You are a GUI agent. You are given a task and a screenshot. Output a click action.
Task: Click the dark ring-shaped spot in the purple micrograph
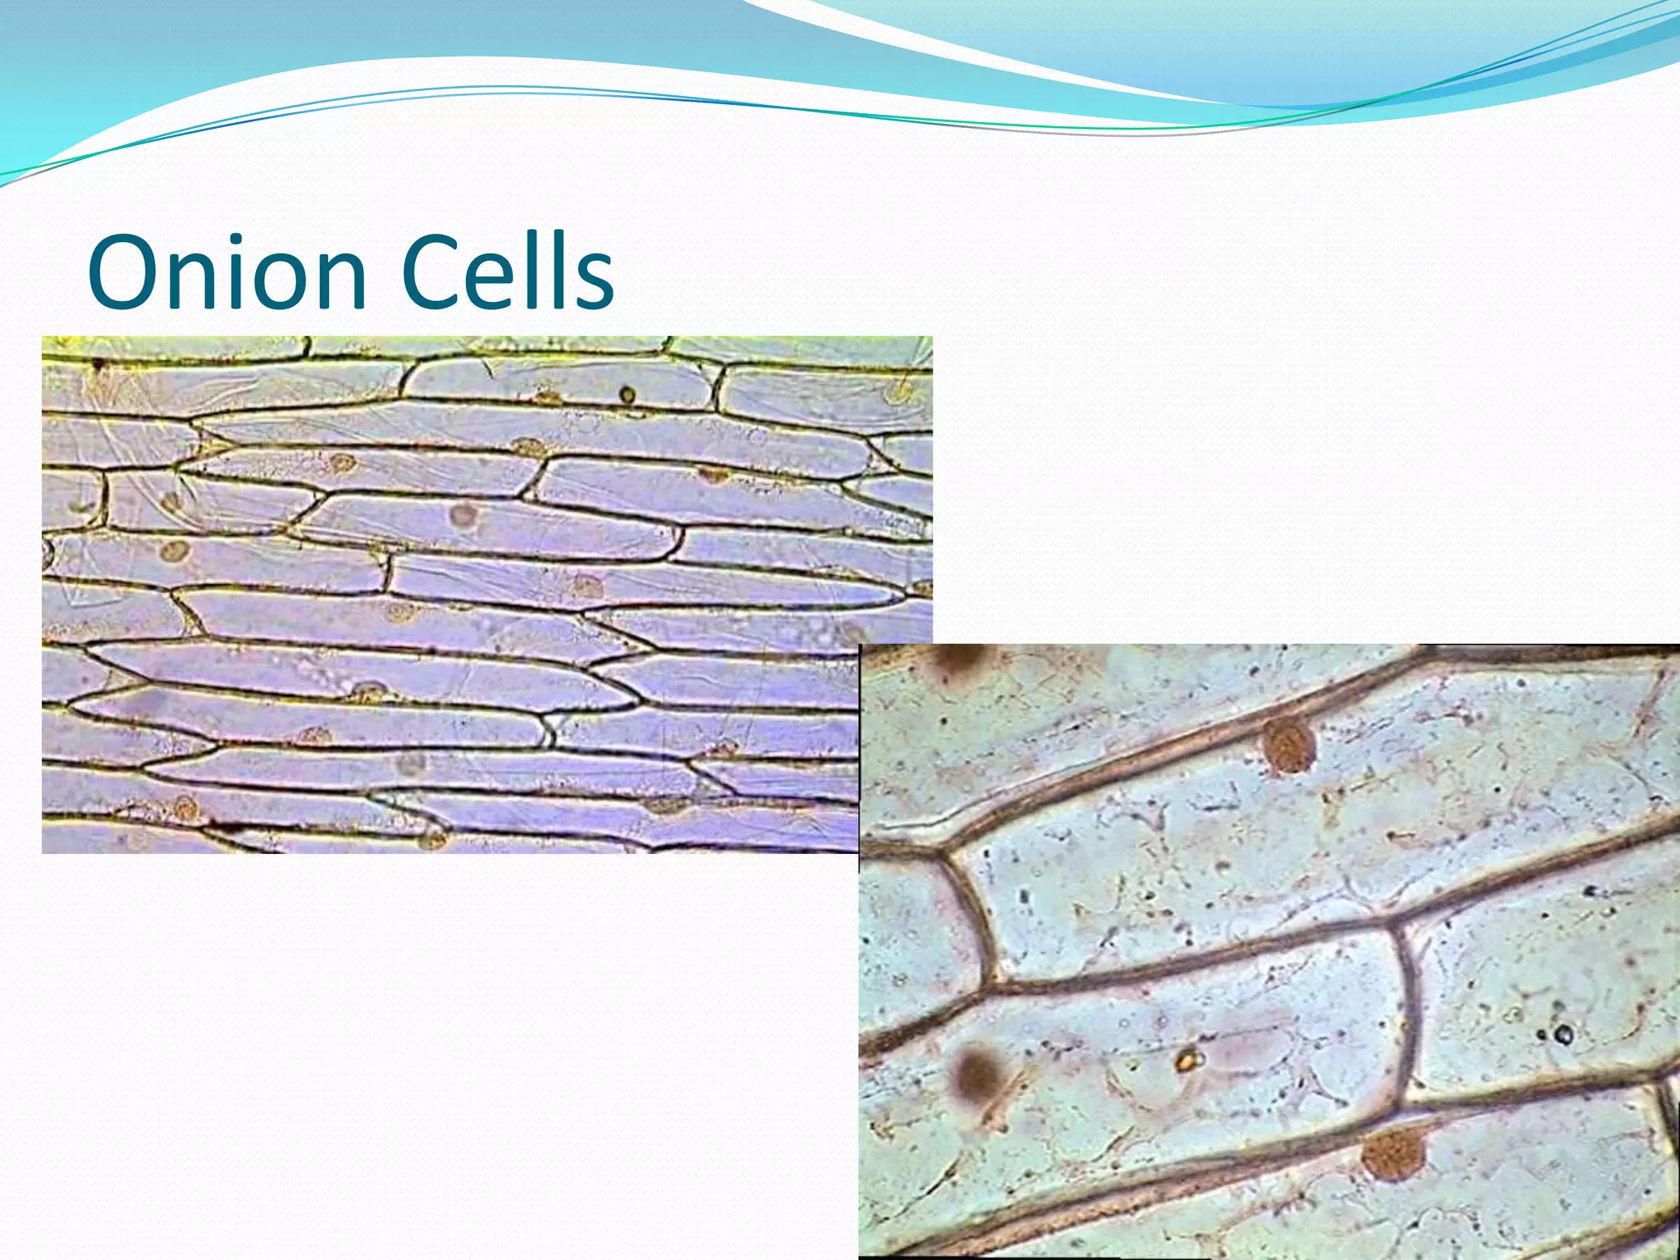point(627,395)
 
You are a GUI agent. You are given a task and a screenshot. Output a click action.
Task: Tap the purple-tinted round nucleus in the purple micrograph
point(463,515)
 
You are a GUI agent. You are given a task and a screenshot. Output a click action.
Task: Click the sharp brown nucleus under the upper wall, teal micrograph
point(1289,746)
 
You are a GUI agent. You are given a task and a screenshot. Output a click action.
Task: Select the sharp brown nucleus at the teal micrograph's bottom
point(1391,1153)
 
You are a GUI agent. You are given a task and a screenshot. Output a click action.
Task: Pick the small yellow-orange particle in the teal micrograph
point(1185,1061)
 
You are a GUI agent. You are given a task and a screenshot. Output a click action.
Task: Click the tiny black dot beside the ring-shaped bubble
point(1543,1035)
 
